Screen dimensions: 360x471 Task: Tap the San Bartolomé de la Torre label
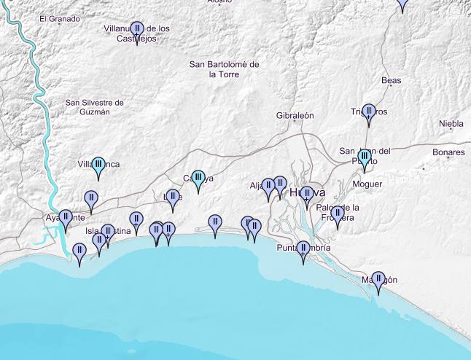[x=224, y=69]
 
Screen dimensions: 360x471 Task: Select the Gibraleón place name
[x=295, y=116]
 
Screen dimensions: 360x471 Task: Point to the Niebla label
[x=451, y=124]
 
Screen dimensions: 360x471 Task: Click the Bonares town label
[x=448, y=152]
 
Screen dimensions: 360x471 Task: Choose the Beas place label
[x=392, y=81]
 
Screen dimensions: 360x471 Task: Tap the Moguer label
[x=367, y=184]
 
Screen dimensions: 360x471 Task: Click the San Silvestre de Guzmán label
[x=95, y=107]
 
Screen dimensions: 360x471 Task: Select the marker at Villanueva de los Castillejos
[x=136, y=31]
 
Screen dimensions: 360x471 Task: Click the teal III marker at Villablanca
[x=98, y=165]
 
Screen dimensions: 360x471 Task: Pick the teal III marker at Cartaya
[x=198, y=179]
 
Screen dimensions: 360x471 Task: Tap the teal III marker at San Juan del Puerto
[x=365, y=157]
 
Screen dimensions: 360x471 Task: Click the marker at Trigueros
[x=369, y=113]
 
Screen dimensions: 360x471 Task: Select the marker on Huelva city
[x=307, y=194]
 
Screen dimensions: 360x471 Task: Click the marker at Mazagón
[x=378, y=281]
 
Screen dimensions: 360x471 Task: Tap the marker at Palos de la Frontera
[x=337, y=214]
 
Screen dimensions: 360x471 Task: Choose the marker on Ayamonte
[x=66, y=218]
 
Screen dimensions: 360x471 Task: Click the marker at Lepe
[x=172, y=197]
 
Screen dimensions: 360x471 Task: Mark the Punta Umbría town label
[x=303, y=248]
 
